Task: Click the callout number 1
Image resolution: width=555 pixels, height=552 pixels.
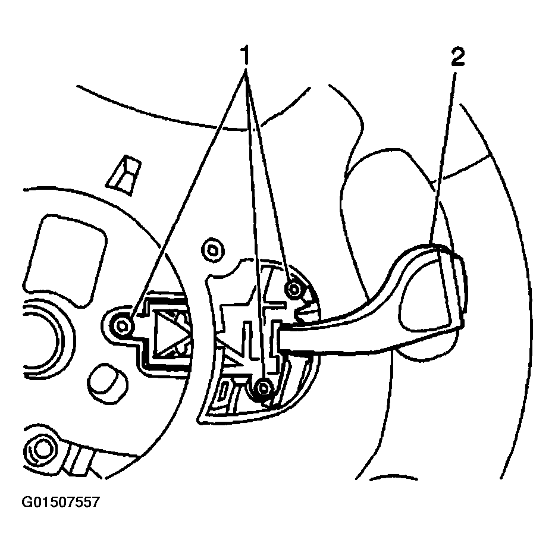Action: (244, 58)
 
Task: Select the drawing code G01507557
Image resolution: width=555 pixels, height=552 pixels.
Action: (61, 503)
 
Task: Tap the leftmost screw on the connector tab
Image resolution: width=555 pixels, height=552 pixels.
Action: (123, 325)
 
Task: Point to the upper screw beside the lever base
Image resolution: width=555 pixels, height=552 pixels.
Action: (292, 289)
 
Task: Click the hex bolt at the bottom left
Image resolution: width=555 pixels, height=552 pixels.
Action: (42, 451)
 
